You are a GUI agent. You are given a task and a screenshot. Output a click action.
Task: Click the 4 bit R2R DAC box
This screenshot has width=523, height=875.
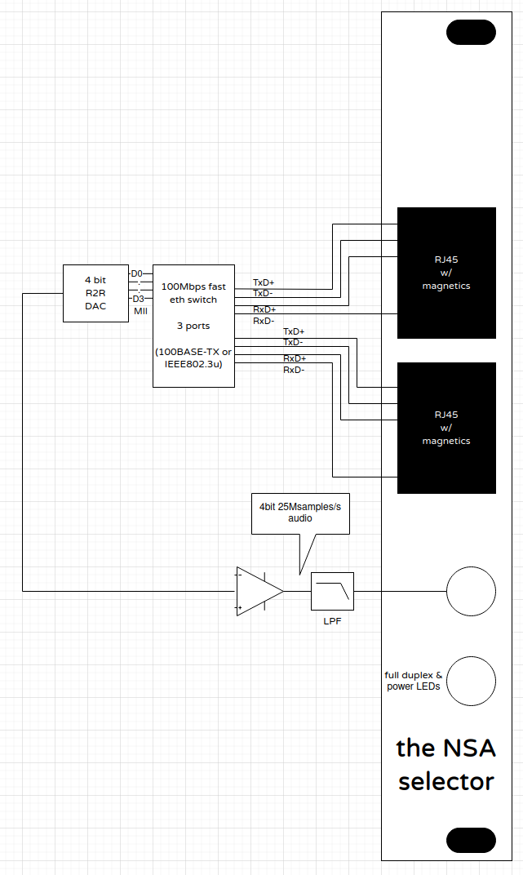95,293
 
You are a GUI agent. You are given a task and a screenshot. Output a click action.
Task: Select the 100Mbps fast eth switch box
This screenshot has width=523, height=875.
193,326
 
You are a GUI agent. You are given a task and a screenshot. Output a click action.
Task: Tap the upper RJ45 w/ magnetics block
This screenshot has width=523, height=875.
446,273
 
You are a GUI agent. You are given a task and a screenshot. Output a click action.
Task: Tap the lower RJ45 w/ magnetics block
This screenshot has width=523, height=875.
446,428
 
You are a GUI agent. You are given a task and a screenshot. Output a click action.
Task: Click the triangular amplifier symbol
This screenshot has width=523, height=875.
259,591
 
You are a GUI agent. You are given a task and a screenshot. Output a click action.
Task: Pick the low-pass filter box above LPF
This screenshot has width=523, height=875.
332,591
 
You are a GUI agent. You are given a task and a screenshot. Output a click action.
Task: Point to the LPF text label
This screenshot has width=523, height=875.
332,621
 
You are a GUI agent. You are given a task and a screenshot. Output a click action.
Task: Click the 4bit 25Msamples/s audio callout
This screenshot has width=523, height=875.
300,513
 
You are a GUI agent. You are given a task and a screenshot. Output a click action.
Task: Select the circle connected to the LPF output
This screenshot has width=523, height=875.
471,591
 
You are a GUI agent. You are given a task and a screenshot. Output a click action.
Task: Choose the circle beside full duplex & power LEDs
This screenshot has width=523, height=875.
471,682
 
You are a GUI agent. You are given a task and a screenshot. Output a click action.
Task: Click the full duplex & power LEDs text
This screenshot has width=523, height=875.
414,681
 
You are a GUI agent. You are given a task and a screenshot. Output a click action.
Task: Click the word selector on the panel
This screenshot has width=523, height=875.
446,782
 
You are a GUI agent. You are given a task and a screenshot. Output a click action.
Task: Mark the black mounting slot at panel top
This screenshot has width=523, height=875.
471,32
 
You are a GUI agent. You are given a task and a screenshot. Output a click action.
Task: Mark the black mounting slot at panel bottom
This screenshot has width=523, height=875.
471,841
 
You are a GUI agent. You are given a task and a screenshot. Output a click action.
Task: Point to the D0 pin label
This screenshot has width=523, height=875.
136,273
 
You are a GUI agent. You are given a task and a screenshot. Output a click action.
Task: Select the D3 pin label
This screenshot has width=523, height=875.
138,299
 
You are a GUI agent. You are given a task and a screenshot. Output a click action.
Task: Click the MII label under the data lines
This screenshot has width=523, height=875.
140,311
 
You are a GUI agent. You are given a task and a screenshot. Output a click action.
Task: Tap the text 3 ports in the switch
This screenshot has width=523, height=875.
193,326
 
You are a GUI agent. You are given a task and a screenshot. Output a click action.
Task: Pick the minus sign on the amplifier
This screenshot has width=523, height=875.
240,575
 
